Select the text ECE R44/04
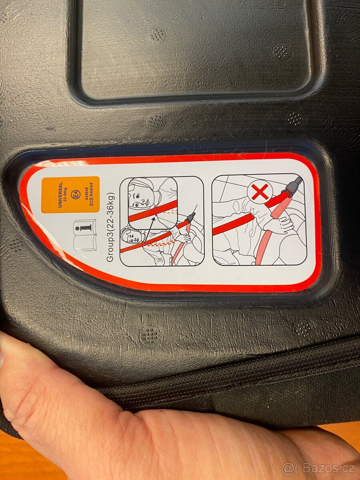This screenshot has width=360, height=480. (91, 195)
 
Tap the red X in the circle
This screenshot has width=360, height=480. (260, 192)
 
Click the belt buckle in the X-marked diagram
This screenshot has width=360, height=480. (293, 186)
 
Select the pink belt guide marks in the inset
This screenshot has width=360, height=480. (156, 210)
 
